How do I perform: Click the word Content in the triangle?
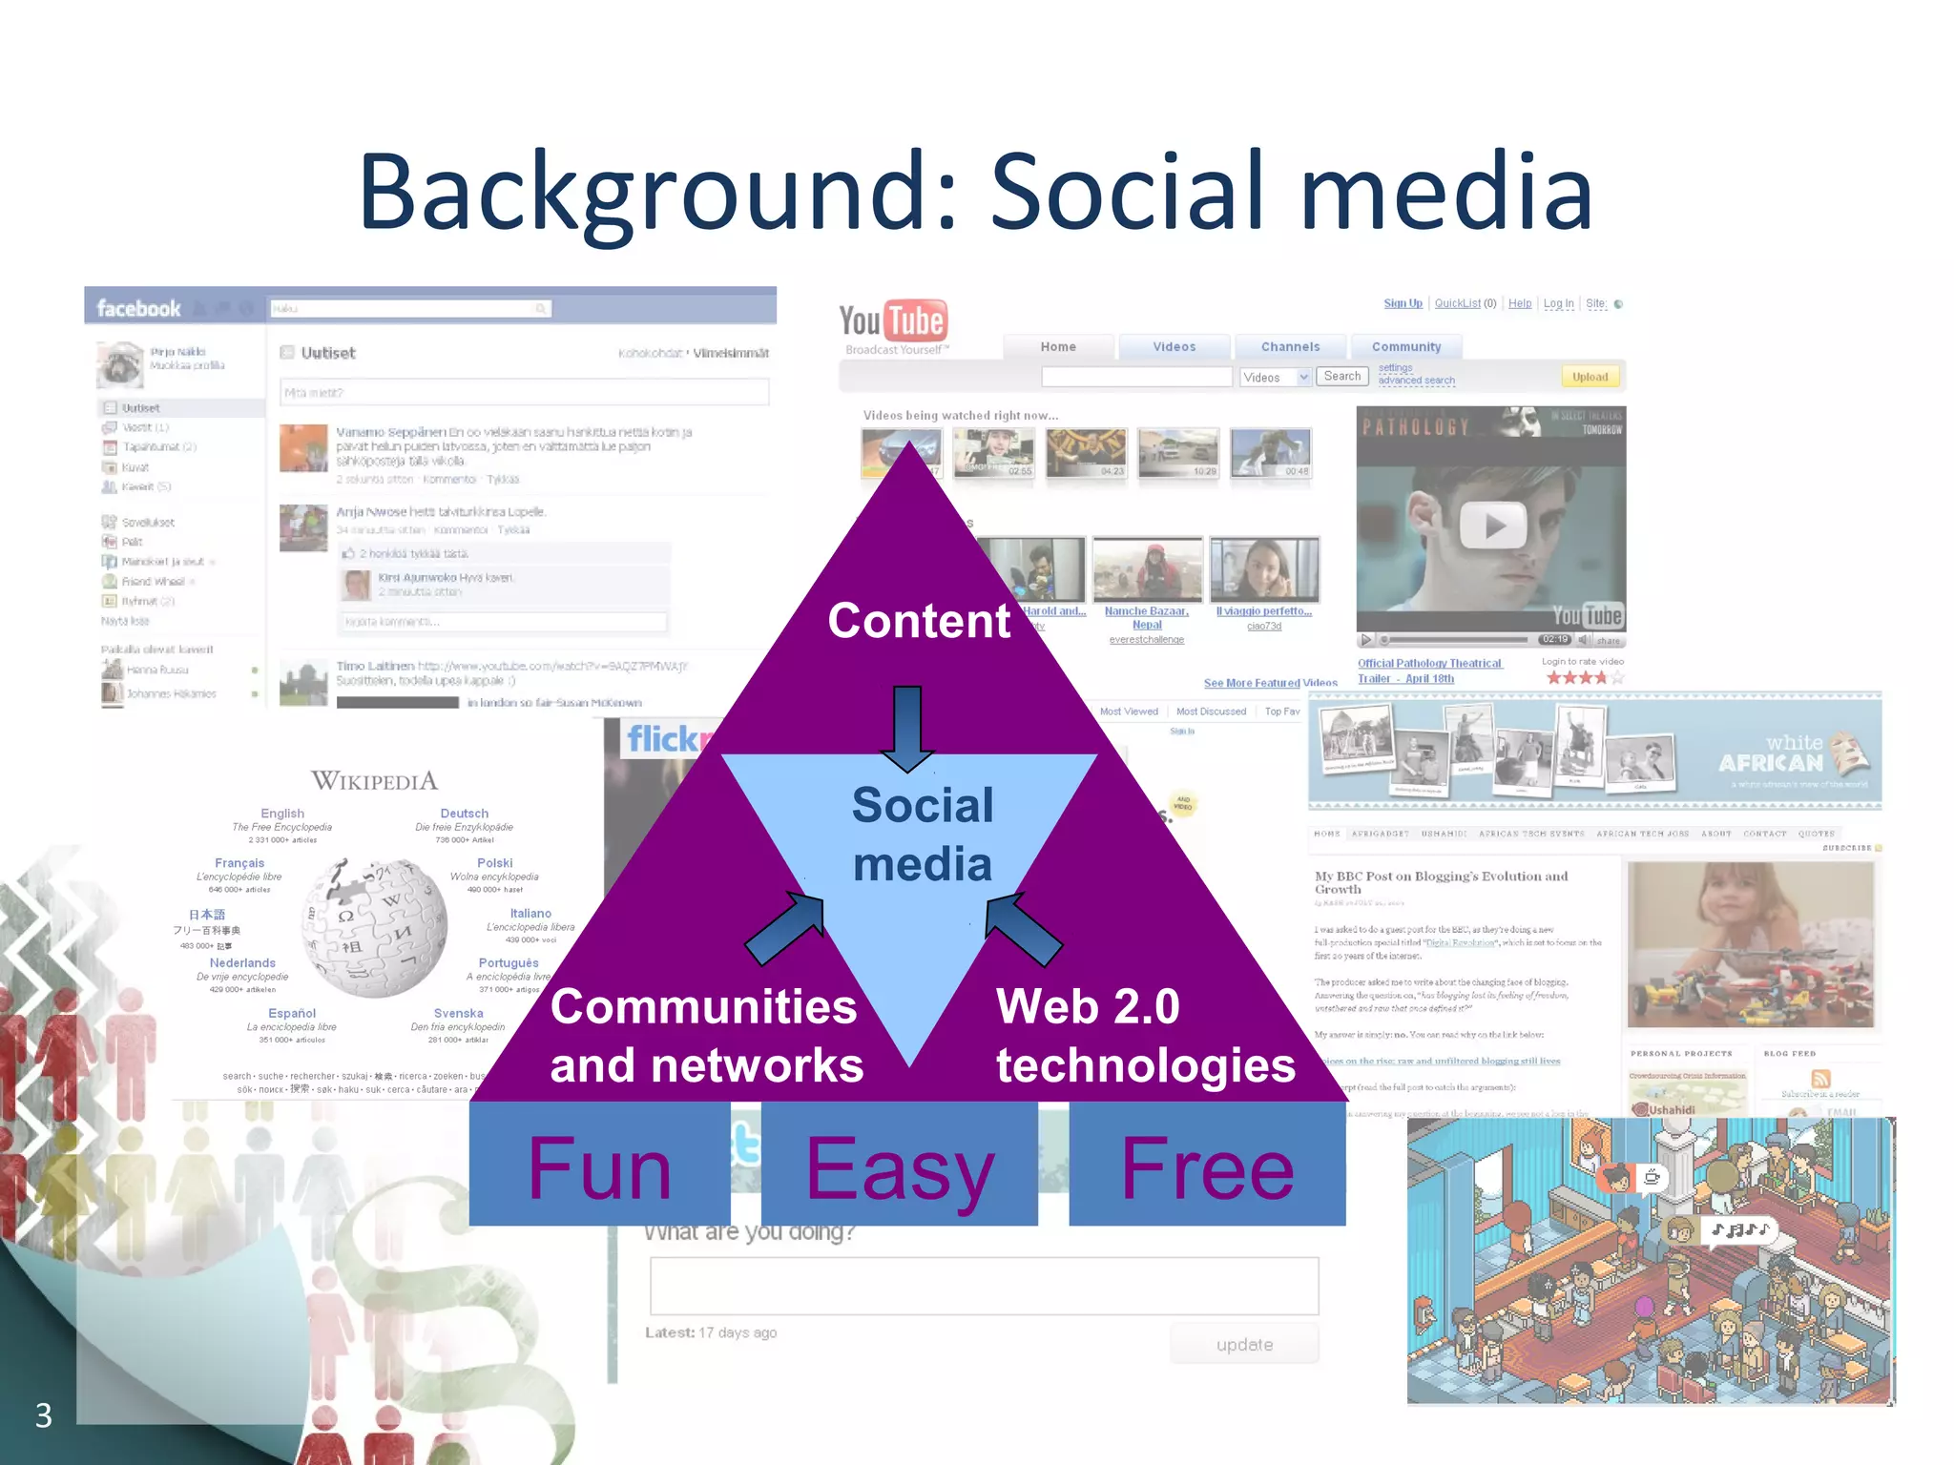(x=919, y=621)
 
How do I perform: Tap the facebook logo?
(x=138, y=308)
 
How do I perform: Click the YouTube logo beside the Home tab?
(x=892, y=321)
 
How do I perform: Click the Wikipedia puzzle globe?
(x=375, y=927)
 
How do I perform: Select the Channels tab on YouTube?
(x=1290, y=347)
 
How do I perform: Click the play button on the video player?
(x=1493, y=526)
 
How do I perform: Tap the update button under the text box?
(x=1244, y=1345)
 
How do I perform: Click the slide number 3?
(x=44, y=1415)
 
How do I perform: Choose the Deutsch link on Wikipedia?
(x=465, y=814)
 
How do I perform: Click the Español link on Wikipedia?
(x=292, y=1013)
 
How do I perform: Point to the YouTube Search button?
(x=1342, y=377)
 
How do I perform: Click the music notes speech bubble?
(x=1740, y=1230)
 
